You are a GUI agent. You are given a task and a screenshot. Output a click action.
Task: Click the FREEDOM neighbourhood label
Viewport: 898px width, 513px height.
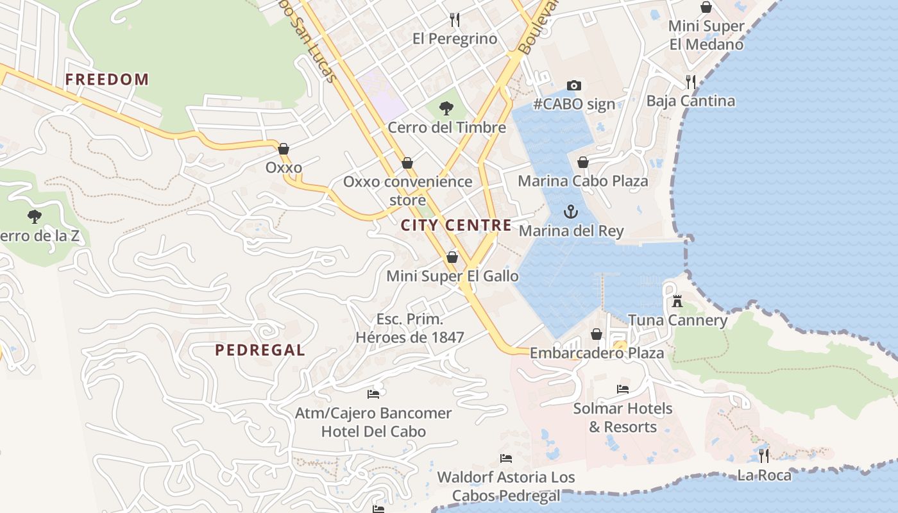[x=107, y=80]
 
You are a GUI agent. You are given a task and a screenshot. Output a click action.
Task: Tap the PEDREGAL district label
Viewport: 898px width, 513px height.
[x=260, y=350]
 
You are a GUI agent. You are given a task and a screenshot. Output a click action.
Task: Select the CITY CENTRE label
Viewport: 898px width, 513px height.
[x=456, y=225]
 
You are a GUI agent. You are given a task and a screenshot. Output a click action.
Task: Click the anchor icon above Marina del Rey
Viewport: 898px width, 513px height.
[x=570, y=211]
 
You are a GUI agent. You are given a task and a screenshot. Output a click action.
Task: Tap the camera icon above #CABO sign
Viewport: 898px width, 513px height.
[x=574, y=85]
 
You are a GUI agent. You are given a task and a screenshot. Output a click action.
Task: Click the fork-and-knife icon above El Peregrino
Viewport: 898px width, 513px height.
[x=455, y=20]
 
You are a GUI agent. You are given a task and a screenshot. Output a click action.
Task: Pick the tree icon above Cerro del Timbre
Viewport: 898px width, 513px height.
[x=446, y=108]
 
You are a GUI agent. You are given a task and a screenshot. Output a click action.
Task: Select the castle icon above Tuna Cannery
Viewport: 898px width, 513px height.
[x=677, y=301]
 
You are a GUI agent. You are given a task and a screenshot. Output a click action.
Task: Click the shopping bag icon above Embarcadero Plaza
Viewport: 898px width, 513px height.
[x=597, y=334]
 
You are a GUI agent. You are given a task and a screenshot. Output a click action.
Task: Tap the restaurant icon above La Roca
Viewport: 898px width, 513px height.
[x=764, y=456]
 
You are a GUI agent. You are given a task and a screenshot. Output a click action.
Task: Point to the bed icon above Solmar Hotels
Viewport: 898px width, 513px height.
[x=622, y=389]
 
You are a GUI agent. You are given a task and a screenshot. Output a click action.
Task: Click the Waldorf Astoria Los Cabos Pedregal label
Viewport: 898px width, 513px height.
[x=506, y=486]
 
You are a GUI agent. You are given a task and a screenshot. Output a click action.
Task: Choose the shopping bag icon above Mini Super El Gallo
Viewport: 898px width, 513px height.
[x=452, y=257]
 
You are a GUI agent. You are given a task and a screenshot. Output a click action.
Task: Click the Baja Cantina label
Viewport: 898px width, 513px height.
[x=690, y=101]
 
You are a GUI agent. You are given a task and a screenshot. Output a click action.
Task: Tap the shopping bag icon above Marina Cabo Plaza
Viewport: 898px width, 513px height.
[x=583, y=162]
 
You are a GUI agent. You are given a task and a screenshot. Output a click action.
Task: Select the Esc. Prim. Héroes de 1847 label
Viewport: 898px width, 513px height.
[x=410, y=328]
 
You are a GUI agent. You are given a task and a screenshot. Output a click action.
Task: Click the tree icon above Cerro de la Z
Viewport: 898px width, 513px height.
[x=35, y=216]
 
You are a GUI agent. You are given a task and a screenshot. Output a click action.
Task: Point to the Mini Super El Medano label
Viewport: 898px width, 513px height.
[x=706, y=35]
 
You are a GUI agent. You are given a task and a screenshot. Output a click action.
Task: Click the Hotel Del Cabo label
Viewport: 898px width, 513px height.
[x=373, y=431]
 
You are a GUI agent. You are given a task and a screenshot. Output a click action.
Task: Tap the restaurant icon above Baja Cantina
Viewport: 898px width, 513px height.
[x=690, y=81]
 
